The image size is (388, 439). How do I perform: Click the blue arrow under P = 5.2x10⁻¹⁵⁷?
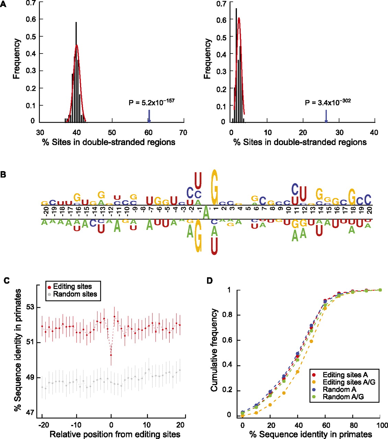(x=149, y=116)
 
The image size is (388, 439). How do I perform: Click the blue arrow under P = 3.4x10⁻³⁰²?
(x=326, y=116)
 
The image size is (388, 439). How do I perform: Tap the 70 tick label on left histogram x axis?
(x=183, y=133)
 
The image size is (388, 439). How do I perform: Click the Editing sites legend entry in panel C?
(x=72, y=287)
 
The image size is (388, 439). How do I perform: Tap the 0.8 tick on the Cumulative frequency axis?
(x=230, y=315)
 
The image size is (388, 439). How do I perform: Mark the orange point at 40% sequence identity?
(x=298, y=372)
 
